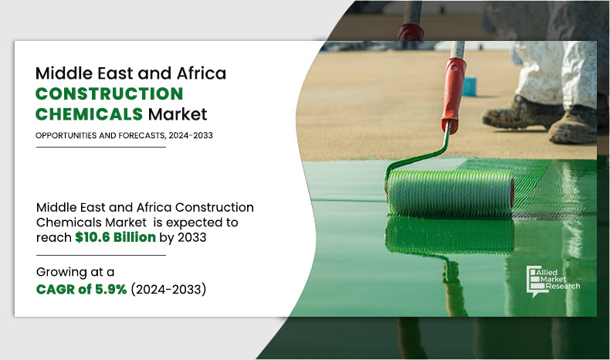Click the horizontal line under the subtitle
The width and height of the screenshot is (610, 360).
pos(100,147)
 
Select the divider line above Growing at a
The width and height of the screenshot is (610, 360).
pos(100,255)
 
